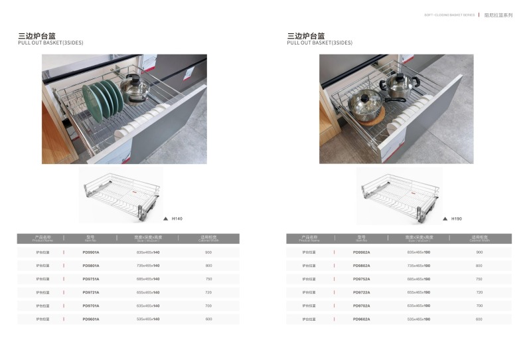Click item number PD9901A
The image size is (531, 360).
tap(91, 252)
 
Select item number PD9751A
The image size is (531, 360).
tap(91, 279)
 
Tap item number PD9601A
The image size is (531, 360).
tap(91, 319)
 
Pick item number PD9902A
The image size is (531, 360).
tap(362, 252)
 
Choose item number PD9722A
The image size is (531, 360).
tap(362, 292)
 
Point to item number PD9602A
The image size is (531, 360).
tap(362, 319)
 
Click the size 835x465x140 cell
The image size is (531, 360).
tap(148, 252)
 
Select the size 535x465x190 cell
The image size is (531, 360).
tap(419, 319)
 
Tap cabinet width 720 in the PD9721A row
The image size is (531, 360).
tap(208, 292)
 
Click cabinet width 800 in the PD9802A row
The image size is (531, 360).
tap(479, 266)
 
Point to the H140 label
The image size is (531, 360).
tap(177, 219)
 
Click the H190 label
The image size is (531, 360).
tap(456, 219)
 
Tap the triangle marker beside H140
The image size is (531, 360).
tap(165, 219)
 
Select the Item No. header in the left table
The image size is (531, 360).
tap(91, 238)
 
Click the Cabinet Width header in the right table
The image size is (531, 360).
tap(479, 238)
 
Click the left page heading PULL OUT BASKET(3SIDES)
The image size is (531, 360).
tap(50, 43)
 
